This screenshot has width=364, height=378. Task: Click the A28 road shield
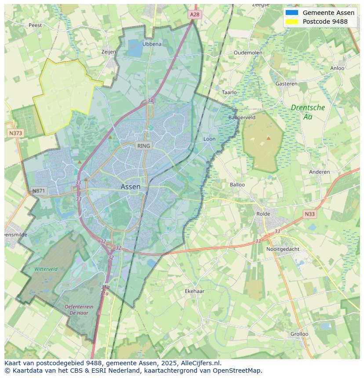coord(194,14)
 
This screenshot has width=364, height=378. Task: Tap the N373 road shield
coord(15,133)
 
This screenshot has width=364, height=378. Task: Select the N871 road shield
coord(39,191)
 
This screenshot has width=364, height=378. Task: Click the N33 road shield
coord(309,214)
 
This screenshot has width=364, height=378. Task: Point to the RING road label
coord(143,146)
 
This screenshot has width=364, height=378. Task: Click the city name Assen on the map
coord(131,187)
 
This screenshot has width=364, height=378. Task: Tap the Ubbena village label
coord(152,44)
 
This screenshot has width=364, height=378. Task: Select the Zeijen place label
coord(109,52)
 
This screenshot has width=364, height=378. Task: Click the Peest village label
coord(35,25)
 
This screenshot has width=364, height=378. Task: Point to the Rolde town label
coord(263,214)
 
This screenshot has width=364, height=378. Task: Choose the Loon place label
coord(209,139)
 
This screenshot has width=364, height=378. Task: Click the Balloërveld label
coord(242,118)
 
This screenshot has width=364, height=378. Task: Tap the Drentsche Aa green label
coord(308,112)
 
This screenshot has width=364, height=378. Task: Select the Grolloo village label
coord(299,334)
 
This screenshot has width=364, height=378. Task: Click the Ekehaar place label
coord(194,291)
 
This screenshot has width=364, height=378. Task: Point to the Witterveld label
coord(46,269)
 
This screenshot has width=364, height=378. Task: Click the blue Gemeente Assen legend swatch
coord(291,13)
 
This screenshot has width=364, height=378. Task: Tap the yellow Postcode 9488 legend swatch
coord(291,22)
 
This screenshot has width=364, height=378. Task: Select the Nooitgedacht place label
coord(283,249)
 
